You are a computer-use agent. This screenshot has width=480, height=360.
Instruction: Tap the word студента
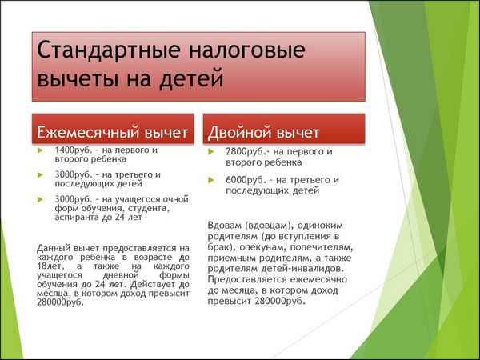pyautogui.click(x=146, y=208)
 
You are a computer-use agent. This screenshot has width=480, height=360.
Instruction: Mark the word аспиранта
pyautogui.click(x=78, y=218)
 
